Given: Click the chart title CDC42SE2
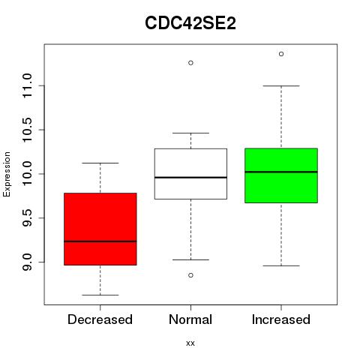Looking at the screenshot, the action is tap(190, 23).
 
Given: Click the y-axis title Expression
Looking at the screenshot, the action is tap(7, 174).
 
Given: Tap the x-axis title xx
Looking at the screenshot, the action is tap(190, 343).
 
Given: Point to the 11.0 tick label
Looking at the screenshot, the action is tap(27, 85).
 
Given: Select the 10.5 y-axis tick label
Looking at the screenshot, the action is tap(27, 130).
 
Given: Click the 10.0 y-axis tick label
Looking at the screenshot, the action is tap(27, 174).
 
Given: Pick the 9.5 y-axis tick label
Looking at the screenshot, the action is tap(27, 218).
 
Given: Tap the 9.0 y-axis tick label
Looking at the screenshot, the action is tap(27, 262).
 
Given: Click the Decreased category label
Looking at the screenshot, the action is tap(100, 319).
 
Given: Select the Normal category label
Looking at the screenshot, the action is tap(190, 319).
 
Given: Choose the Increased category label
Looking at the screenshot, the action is tap(281, 319).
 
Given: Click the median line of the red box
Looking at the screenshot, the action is tap(100, 241).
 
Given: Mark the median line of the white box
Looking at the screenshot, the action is tap(190, 177).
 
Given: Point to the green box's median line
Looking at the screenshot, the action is tap(281, 172).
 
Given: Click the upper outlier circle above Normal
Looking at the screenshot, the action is tap(190, 63).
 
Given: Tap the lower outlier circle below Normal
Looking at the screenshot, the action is tap(190, 275).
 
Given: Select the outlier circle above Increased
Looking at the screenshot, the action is tap(281, 54).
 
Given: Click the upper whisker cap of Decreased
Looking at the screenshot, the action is tap(100, 163).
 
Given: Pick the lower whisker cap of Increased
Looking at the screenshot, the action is tap(281, 265).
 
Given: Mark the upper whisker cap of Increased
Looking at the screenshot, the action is tap(281, 85).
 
